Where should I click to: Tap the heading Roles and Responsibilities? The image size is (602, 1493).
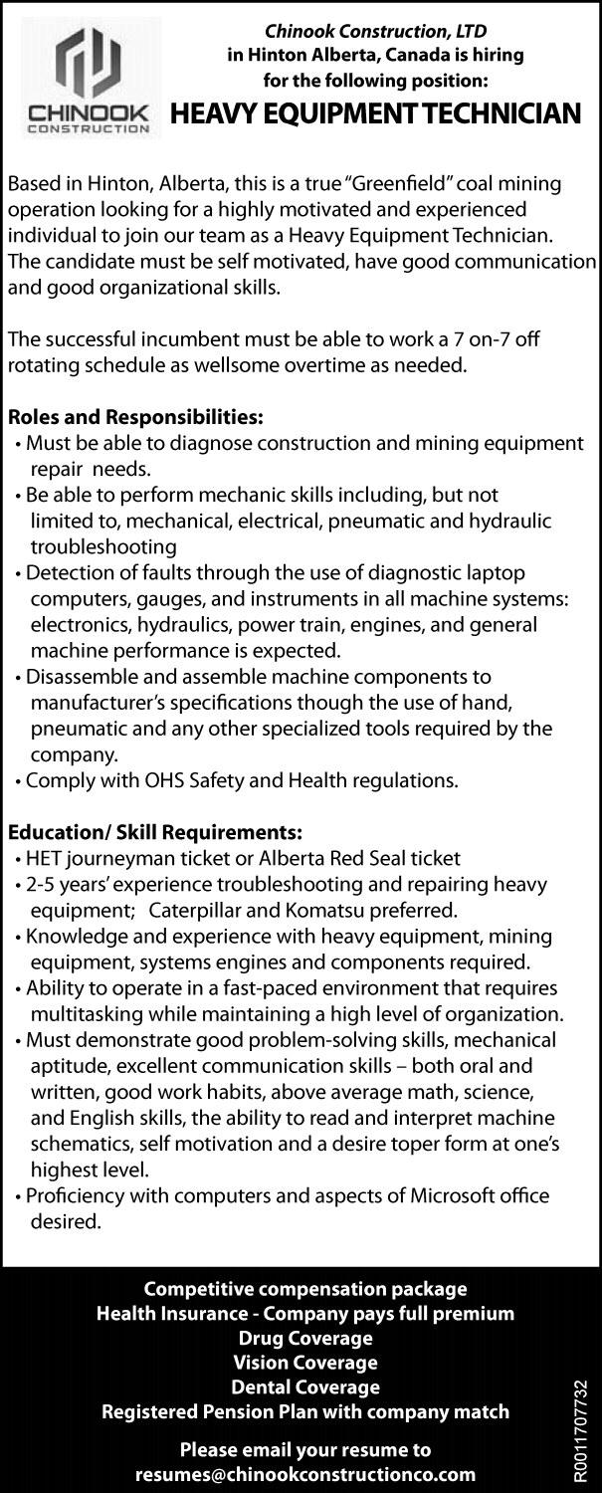134,417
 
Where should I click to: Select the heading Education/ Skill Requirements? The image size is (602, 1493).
154,831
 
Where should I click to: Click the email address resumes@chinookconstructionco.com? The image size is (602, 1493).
305,1474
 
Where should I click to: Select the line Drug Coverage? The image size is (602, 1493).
305,1338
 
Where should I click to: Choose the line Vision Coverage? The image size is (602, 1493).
305,1362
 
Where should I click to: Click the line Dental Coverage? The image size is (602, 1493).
305,1386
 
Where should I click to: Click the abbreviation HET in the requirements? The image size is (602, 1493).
44,857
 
